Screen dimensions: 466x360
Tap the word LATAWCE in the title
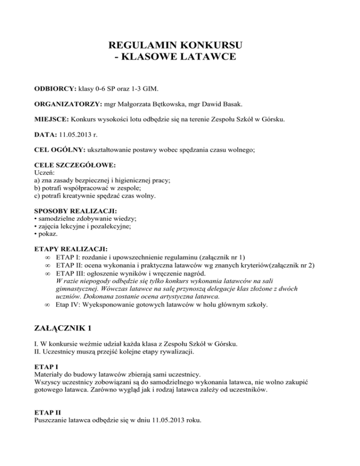(x=207, y=58)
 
